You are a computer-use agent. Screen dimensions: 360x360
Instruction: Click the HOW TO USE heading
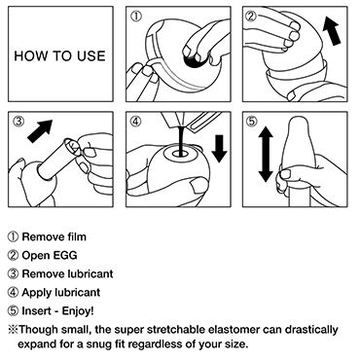tap(60, 55)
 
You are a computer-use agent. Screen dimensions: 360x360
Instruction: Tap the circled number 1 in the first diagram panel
tap(136, 17)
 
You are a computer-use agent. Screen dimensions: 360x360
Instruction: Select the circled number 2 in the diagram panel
tap(252, 17)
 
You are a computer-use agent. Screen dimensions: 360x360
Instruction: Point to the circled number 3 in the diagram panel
tap(18, 122)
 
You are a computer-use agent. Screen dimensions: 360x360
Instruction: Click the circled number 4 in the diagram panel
tap(136, 122)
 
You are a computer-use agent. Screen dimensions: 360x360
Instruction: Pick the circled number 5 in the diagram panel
tap(252, 122)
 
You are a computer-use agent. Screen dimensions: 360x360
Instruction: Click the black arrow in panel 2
tap(332, 31)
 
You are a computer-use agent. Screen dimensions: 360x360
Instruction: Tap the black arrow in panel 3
tap(40, 131)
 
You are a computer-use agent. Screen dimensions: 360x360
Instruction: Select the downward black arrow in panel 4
tap(220, 149)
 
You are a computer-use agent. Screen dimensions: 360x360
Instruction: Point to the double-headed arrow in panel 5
tap(266, 155)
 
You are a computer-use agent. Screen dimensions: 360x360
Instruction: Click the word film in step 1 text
tap(78, 236)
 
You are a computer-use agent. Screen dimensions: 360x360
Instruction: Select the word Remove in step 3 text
tap(43, 273)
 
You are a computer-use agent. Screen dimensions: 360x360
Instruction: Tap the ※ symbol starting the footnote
tap(12, 330)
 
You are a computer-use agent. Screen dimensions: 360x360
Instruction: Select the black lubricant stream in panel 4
tap(180, 141)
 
